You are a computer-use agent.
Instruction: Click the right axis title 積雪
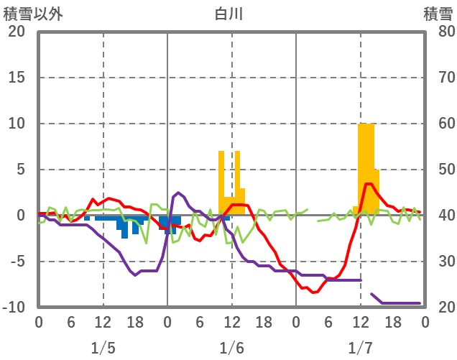point(438,13)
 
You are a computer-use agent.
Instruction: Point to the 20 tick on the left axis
point(17,32)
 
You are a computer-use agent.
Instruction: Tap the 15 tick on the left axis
point(17,78)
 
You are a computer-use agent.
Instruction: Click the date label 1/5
point(103,348)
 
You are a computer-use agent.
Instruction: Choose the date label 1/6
point(231,348)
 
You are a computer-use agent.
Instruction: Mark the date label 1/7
point(360,348)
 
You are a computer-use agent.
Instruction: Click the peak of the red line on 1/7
point(368,184)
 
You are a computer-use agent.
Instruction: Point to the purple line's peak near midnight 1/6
point(177,193)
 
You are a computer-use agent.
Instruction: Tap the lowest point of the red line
point(313,292)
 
